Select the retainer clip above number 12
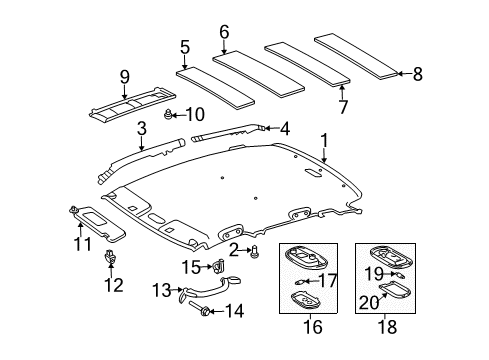pyautogui.click(x=109, y=261)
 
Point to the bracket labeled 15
pyautogui.click(x=218, y=266)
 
